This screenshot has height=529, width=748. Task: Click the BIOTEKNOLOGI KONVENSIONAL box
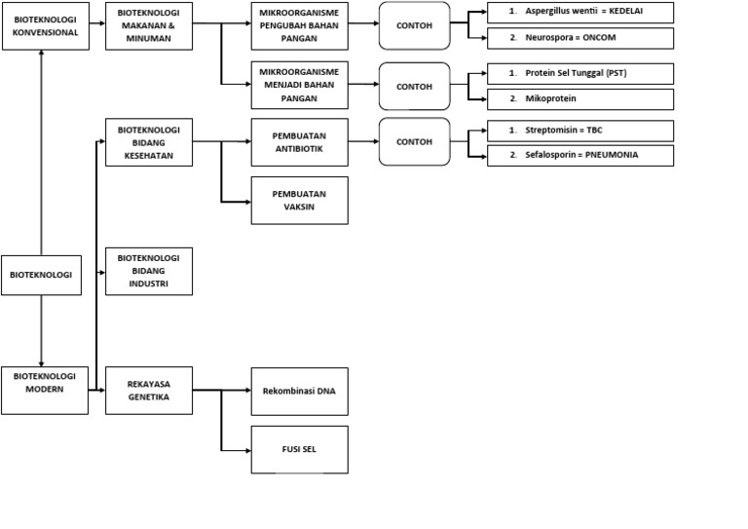click(41, 25)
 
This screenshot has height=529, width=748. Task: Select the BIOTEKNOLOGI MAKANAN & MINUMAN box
click(149, 25)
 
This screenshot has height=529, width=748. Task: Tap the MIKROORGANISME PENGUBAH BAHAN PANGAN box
click(299, 26)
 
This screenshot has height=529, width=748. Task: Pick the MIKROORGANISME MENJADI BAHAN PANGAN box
click(299, 85)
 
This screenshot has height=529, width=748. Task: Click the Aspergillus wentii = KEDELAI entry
click(580, 13)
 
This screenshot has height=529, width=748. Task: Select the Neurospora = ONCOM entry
click(580, 38)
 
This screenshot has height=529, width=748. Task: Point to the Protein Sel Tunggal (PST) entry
click(580, 74)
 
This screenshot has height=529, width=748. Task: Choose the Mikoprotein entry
click(580, 98)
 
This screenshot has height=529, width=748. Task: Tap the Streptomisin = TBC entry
click(580, 131)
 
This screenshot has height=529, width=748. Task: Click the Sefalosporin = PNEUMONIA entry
click(580, 155)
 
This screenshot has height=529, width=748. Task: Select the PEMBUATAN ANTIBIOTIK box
click(299, 142)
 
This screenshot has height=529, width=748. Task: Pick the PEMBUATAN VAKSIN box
click(299, 200)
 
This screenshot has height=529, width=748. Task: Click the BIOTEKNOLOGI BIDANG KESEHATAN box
click(149, 142)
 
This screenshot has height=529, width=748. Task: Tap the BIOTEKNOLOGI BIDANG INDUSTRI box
click(149, 271)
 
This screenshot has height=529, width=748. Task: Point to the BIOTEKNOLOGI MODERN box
click(45, 390)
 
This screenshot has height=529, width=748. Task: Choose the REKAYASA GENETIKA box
click(149, 390)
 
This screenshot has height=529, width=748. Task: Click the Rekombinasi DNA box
click(299, 392)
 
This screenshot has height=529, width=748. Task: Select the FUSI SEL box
click(299, 449)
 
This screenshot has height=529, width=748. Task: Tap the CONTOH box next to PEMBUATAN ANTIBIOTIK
click(414, 142)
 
